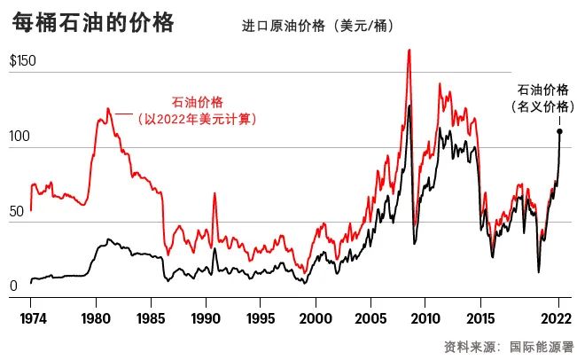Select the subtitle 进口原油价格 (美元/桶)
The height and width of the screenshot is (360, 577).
pos(318,26)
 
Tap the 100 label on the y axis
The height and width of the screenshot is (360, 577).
pos(19,137)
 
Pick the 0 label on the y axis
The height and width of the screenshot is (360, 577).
pos(14,286)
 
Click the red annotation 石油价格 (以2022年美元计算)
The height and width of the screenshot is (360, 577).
pos(197,110)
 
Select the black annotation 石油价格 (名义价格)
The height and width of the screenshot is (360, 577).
pos(542,97)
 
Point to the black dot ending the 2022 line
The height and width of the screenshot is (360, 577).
pos(559,131)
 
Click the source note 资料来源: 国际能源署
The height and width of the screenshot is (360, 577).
pos(508,346)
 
